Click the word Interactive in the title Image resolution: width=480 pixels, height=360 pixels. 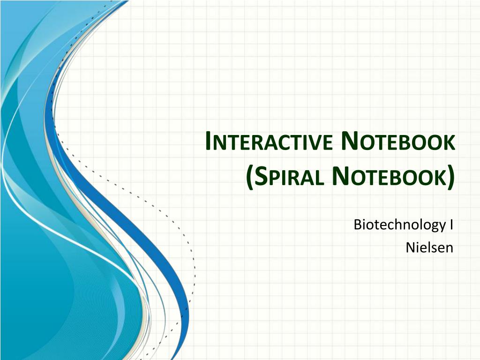[x=269, y=142]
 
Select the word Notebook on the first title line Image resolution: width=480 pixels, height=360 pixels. [x=397, y=141]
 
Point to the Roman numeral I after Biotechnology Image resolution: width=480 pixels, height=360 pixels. [x=451, y=225]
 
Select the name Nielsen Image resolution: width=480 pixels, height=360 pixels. [x=429, y=247]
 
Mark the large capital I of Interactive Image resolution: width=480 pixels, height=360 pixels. [x=208, y=141]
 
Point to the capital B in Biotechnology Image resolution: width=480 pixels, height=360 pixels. [x=358, y=225]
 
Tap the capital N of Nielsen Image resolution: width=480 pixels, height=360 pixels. [x=411, y=247]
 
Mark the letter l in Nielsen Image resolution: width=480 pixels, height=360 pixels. [x=427, y=247]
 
